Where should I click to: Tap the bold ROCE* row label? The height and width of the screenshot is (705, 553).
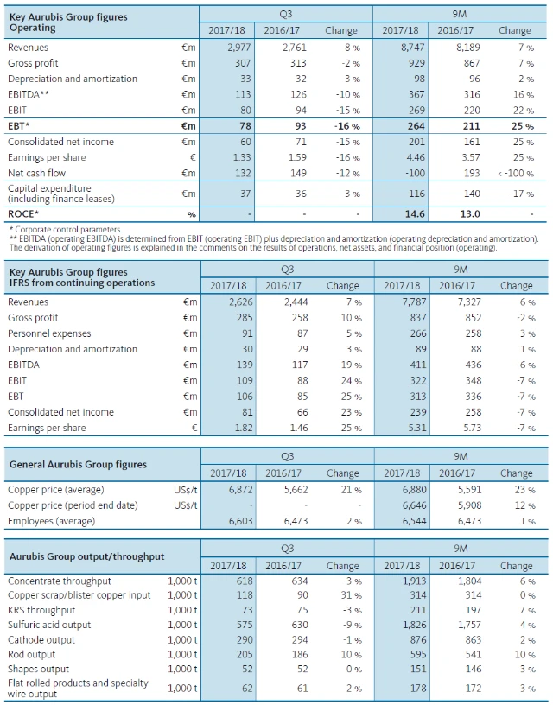pos(24,213)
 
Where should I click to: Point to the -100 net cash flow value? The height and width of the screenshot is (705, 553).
pos(410,172)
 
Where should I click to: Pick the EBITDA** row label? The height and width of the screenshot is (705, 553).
pos(29,94)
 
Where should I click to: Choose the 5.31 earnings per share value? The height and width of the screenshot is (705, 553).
pos(411,427)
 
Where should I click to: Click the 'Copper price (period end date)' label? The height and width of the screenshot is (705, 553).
pos(73,505)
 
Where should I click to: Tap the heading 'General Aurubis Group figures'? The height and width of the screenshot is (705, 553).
pos(78,464)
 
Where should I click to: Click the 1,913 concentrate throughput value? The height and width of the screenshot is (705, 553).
pos(407,581)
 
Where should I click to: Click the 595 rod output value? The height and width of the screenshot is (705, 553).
pos(411,654)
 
